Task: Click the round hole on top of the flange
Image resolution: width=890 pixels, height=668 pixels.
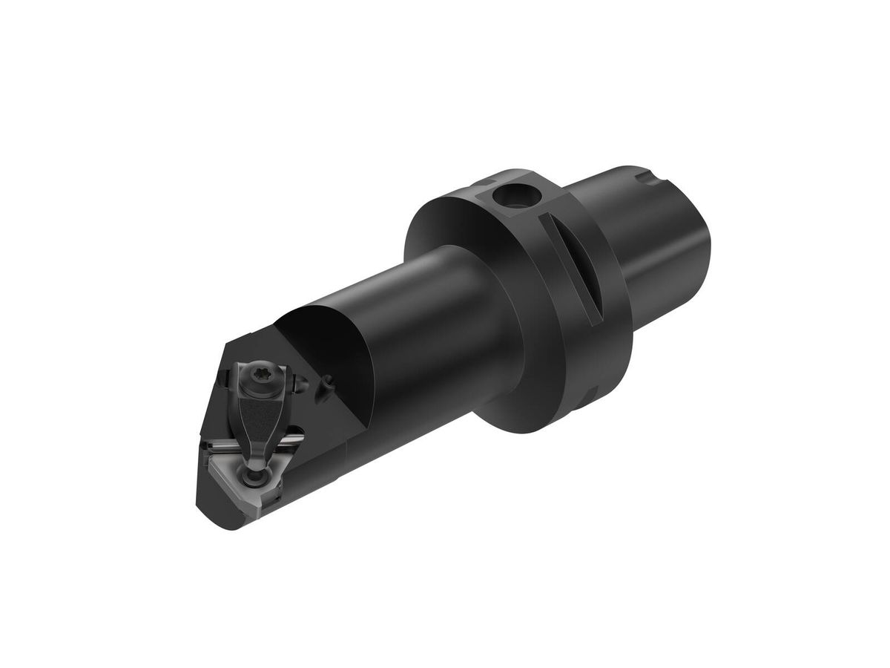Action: pyautogui.click(x=511, y=197)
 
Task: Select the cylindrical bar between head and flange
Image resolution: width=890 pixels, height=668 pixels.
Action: pyautogui.click(x=445, y=312)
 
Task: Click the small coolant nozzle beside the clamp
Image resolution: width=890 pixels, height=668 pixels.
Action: pyautogui.click(x=325, y=385)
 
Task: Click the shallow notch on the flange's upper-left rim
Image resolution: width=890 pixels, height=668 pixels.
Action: pyautogui.click(x=486, y=180)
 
